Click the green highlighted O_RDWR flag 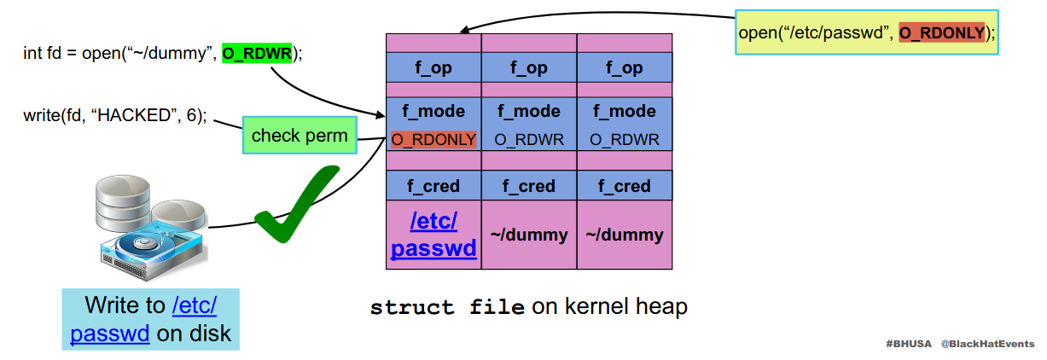[257, 54]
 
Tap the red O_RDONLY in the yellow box [942, 32]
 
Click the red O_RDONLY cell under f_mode [433, 139]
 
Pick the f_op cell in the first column [433, 68]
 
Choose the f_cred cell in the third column [625, 186]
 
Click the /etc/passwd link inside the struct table [433, 235]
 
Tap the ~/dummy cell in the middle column [529, 235]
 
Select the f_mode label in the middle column [529, 112]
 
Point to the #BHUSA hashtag [909, 343]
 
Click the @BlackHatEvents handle [987, 343]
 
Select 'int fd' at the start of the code [41, 54]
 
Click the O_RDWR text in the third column [625, 139]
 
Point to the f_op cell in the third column [625, 68]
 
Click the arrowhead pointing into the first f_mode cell [381, 115]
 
